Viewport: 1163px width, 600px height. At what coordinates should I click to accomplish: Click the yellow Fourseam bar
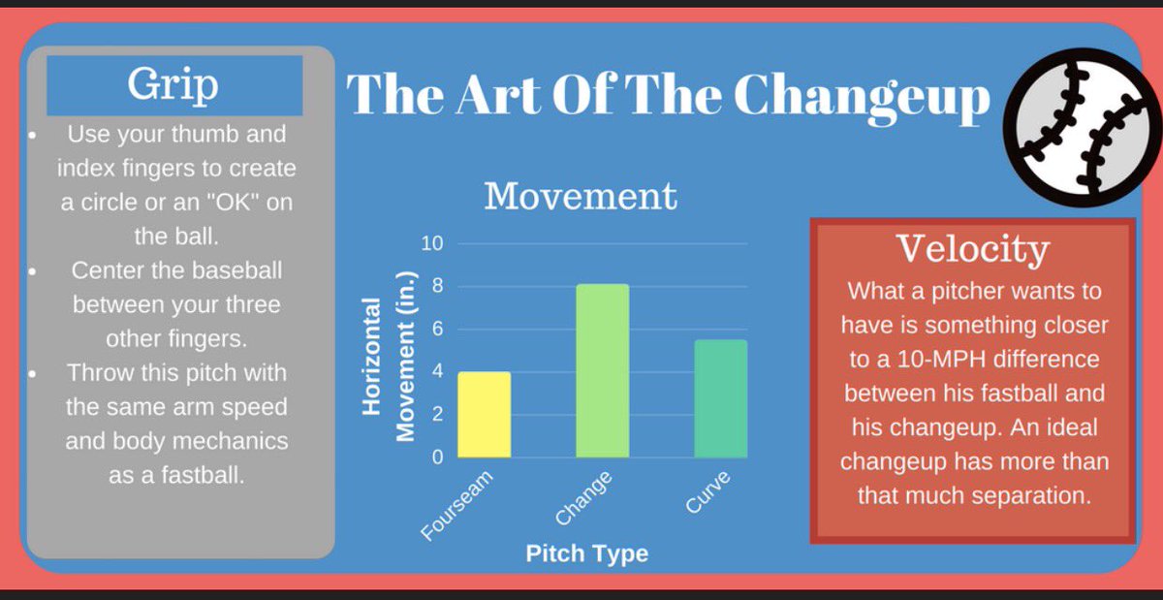484,415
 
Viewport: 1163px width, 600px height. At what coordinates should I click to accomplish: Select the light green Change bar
602,371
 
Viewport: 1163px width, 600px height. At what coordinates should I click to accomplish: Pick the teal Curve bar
720,398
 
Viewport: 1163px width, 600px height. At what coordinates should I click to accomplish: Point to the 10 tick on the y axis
431,243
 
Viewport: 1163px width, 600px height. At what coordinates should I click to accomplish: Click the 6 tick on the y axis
436,330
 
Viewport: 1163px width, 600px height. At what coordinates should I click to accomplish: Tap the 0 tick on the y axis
436,458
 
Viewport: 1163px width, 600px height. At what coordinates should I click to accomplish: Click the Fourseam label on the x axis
458,505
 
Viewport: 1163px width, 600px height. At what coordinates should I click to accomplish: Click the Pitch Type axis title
586,554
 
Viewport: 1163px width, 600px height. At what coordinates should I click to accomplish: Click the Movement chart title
581,196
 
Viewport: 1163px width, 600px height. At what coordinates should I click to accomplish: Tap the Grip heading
173,85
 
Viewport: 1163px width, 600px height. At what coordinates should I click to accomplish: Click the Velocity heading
972,249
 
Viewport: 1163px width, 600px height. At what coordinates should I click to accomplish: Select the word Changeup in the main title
862,95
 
